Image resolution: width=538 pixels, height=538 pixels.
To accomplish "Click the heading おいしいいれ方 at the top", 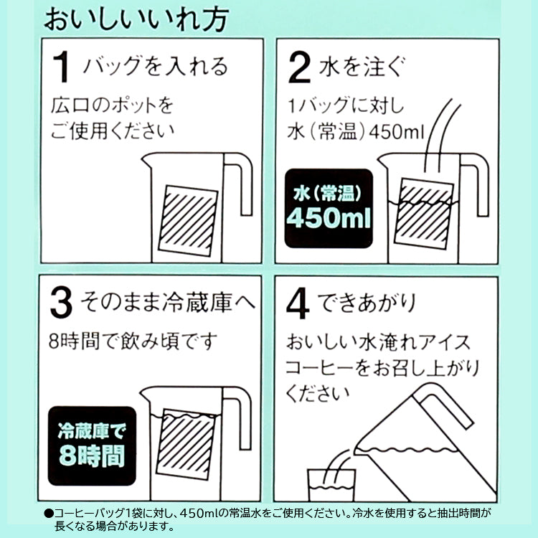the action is [x=136, y=19].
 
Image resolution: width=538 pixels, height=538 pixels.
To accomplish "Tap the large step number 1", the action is [x=62, y=67].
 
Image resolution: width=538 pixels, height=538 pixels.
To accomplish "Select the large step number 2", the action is [x=299, y=67].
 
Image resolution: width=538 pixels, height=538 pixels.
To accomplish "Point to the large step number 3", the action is [x=61, y=302].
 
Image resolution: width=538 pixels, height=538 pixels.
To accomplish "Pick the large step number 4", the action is [x=298, y=303].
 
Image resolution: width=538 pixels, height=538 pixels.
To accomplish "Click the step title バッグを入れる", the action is [x=155, y=66].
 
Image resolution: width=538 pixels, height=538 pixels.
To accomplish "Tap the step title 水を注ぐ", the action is [x=362, y=66].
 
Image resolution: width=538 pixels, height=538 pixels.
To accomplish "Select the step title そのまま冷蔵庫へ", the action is [x=168, y=302].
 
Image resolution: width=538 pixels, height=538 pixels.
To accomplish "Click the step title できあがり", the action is [x=367, y=303].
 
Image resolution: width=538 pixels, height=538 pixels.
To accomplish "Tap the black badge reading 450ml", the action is [x=329, y=208].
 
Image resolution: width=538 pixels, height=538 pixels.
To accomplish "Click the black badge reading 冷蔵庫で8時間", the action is [x=92, y=445].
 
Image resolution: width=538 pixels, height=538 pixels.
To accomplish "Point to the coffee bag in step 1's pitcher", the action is [x=188, y=221].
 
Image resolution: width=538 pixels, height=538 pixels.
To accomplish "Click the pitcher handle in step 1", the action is [x=239, y=184].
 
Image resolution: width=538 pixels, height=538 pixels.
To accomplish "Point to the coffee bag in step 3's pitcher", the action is [x=186, y=444].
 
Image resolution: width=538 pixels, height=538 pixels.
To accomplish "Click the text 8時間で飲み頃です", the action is [x=133, y=341].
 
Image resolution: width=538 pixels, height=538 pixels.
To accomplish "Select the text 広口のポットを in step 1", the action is [x=112, y=105].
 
